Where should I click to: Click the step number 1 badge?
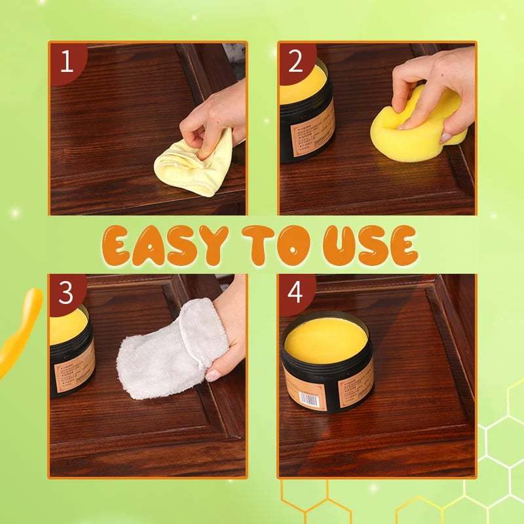(x=66, y=62)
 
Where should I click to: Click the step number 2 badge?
(x=295, y=62)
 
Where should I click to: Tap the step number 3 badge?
(x=66, y=293)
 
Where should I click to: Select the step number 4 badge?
(x=295, y=293)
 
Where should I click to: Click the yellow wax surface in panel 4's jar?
(x=326, y=337)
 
